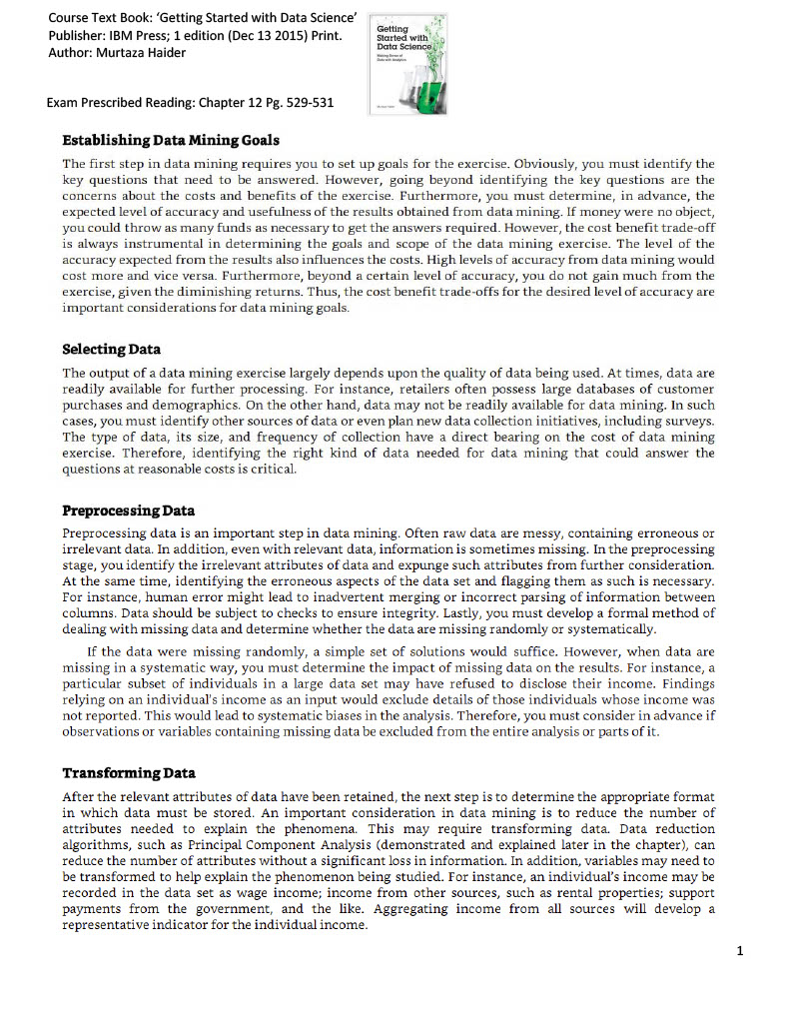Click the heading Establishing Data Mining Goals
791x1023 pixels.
pyautogui.click(x=171, y=139)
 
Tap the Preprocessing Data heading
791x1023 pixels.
pyautogui.click(x=129, y=511)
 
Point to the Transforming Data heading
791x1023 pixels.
pyautogui.click(x=129, y=772)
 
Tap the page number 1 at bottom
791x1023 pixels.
pyautogui.click(x=739, y=950)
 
